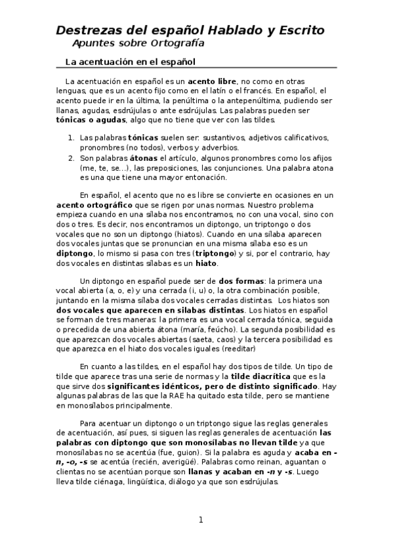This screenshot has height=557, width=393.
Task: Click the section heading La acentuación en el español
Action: click(131, 62)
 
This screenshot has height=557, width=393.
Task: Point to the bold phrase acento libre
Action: click(213, 81)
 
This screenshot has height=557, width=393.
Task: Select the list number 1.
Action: click(70, 139)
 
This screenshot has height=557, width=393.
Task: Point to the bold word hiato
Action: click(206, 264)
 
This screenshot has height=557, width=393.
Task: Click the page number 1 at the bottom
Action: click(201, 520)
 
